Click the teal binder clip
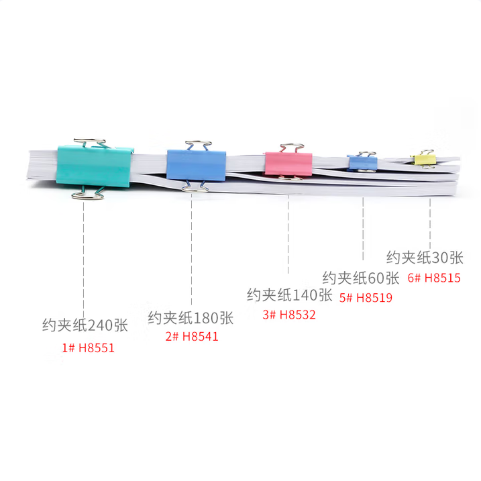pos(94,166)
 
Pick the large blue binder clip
pos(197,165)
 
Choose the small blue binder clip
pos(362,162)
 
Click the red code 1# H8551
pos(89,348)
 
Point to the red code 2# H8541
pos(192,337)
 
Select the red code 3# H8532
pos(289,315)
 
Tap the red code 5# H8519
pos(366,298)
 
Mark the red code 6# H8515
pos(434,278)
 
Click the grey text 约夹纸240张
pos(85,325)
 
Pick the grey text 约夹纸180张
pos(191,318)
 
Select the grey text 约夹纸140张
pos(290,295)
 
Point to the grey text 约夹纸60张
pos(361,278)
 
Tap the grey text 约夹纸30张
pos(425,258)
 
